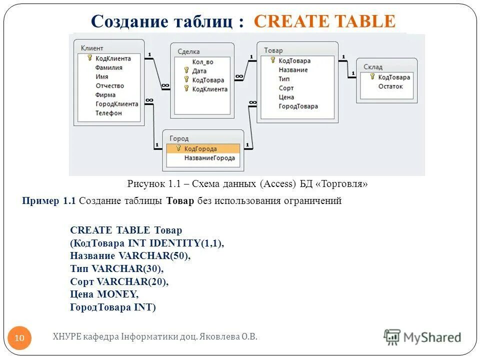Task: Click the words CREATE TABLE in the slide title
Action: click(x=324, y=21)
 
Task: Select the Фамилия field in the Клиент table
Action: click(x=109, y=67)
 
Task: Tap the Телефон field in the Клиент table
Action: click(x=108, y=113)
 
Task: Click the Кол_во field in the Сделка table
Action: click(x=202, y=62)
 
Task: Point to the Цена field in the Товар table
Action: click(x=286, y=97)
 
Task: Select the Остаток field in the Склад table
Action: click(x=390, y=86)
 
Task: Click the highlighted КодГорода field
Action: click(x=200, y=149)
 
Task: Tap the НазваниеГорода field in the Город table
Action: click(x=209, y=158)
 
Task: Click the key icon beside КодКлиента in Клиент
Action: click(x=89, y=58)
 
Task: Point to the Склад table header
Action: click(x=373, y=66)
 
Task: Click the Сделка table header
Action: click(x=188, y=51)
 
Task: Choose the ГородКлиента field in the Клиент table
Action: click(x=116, y=104)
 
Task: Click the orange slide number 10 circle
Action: click(x=20, y=338)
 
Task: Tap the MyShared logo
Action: click(x=422, y=337)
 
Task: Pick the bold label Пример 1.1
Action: click(x=48, y=201)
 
